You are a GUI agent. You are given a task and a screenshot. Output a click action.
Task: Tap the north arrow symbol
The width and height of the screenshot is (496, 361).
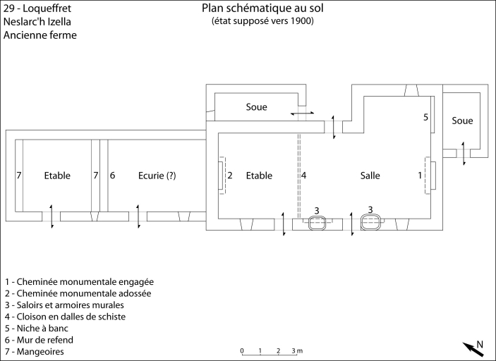473,348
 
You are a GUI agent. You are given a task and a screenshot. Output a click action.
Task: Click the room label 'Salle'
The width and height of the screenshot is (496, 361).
370,176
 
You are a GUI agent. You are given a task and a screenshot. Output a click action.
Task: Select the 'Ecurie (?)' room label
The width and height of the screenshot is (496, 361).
157,176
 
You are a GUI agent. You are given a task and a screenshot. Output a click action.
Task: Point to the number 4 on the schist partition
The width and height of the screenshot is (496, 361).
304,175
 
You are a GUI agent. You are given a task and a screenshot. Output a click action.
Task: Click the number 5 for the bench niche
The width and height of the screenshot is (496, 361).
426,116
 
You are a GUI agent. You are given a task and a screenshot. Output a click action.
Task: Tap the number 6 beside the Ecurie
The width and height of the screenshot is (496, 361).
112,175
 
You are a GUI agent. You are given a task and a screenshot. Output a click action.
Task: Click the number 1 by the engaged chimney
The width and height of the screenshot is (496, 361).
421,175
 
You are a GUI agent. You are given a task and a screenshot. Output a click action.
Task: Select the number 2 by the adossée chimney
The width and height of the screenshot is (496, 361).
230,175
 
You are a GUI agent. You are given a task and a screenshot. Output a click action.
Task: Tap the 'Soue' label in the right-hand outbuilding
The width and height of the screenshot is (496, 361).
462,121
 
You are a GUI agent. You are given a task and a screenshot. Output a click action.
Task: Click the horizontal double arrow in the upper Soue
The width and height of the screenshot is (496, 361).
303,113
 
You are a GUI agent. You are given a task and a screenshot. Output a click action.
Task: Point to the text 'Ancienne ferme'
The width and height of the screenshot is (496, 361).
40,35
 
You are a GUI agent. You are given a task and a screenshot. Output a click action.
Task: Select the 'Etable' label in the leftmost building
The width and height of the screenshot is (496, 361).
57,176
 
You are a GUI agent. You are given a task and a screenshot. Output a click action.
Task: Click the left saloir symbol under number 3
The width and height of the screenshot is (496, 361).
317,221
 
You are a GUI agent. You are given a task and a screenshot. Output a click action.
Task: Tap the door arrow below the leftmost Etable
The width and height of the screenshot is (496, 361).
52,215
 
